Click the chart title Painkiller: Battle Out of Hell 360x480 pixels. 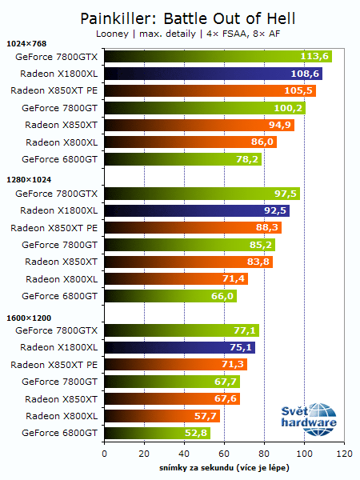pyautogui.click(x=180, y=17)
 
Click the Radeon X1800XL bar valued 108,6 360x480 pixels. pyautogui.click(x=213, y=74)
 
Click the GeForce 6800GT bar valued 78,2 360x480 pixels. pyautogui.click(x=182, y=159)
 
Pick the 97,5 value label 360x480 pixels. pyautogui.click(x=286, y=193)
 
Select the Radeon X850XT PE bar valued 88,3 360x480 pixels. pyautogui.click(x=192, y=227)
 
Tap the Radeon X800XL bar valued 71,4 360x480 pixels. pyautogui.click(x=175, y=278)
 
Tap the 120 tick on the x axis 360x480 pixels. pyautogui.click(x=344, y=453)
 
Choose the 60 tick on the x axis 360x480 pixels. pyautogui.click(x=224, y=453)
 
